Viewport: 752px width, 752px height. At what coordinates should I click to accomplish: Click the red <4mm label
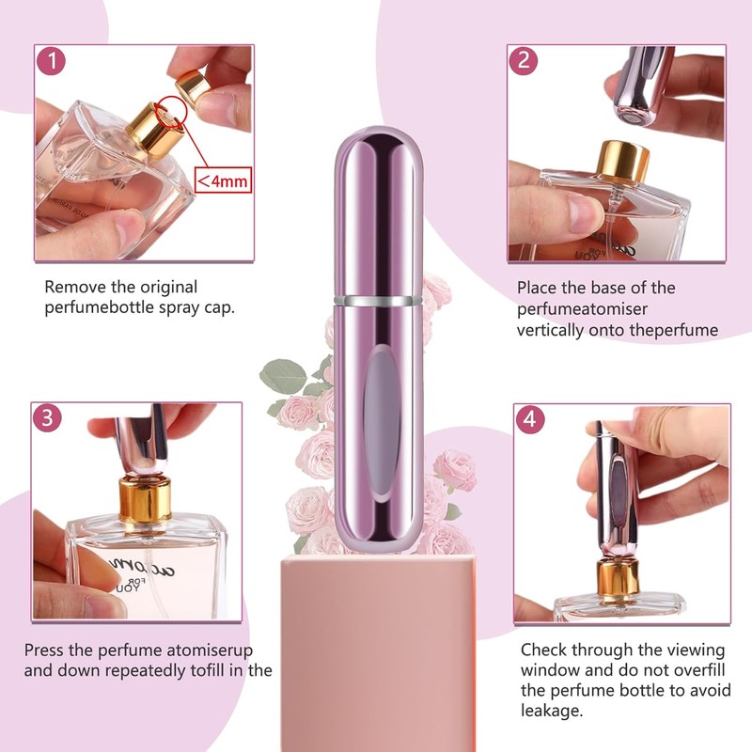coord(223,179)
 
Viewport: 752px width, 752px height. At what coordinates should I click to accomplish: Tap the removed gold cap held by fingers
coord(194,86)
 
